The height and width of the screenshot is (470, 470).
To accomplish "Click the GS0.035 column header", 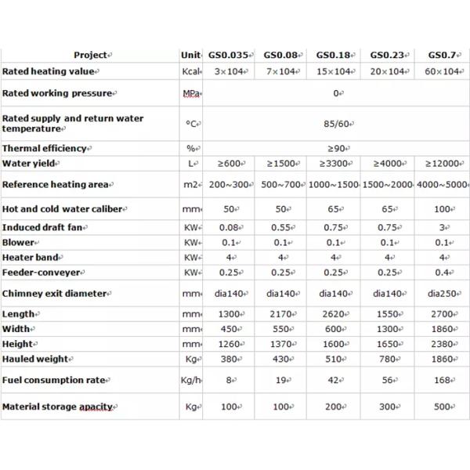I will click(229, 56).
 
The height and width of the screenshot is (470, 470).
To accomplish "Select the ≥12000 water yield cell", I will click(442, 164).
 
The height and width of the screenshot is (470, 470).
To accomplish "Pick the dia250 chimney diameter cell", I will click(442, 294).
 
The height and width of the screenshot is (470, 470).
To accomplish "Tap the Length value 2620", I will click(336, 314).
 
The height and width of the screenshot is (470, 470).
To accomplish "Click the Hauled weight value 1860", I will click(442, 359).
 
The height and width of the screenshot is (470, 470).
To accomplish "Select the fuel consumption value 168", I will click(442, 381).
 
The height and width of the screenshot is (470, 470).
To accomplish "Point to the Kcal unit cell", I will click(190, 71).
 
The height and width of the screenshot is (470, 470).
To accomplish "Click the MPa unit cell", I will click(190, 94).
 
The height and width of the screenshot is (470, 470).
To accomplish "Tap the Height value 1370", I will click(283, 344).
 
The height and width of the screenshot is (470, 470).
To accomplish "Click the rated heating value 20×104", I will click(389, 71).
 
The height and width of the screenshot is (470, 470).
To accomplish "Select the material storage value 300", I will click(389, 408).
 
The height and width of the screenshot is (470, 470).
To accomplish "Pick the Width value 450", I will click(229, 329).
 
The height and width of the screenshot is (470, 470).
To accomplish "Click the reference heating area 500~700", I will click(283, 186).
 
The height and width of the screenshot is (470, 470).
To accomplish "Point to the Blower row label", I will click(20, 242).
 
